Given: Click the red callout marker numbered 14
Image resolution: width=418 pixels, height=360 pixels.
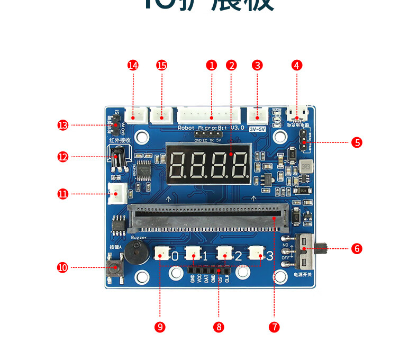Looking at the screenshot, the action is (x=133, y=65).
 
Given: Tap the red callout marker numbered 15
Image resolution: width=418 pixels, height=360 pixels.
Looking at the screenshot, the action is (x=162, y=65).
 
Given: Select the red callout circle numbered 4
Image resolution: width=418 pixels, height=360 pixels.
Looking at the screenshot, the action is (x=297, y=65).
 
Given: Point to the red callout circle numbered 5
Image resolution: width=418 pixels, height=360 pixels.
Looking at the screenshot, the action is (x=357, y=142).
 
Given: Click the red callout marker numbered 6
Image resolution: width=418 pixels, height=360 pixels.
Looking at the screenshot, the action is (x=357, y=248).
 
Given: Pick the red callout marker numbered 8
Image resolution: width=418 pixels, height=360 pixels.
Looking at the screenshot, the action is (x=219, y=327).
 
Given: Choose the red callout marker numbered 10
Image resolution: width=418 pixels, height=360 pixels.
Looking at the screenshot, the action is (x=63, y=267).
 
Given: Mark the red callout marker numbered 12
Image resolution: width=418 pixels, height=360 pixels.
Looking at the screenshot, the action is (x=63, y=157).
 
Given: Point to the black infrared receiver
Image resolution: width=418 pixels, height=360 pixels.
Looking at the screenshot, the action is (x=119, y=157).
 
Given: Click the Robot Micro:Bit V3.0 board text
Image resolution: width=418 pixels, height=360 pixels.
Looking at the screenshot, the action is (x=211, y=128).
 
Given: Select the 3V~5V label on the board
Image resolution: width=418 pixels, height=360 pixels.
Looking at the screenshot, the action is (x=258, y=129).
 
